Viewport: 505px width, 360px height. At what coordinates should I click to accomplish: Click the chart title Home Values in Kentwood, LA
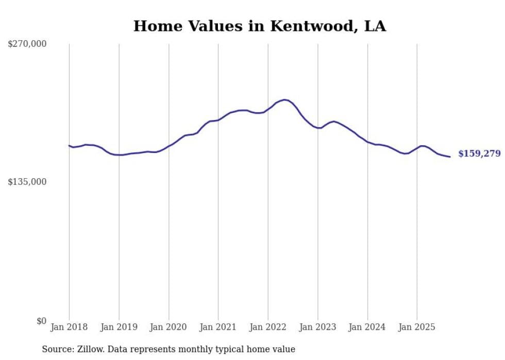259,26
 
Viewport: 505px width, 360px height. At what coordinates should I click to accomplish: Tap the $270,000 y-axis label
27,44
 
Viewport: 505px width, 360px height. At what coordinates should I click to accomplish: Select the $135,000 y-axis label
27,182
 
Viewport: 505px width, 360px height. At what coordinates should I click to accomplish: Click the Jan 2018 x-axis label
69,327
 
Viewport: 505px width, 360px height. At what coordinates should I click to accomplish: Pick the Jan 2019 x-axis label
119,327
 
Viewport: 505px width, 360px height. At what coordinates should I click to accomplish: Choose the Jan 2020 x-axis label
169,327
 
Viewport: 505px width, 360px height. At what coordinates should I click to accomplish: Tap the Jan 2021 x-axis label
218,327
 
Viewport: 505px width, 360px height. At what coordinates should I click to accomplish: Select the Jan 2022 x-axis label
268,327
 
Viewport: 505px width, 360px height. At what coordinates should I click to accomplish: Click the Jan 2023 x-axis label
318,327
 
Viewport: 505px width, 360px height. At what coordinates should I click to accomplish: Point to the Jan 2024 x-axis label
367,327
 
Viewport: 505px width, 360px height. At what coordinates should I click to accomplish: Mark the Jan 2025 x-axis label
417,327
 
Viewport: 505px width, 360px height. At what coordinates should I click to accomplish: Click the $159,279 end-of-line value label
479,153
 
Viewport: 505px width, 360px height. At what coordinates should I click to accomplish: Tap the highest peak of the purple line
284,99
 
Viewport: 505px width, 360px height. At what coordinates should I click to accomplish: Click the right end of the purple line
450,157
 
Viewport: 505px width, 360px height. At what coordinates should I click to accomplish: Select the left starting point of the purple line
69,146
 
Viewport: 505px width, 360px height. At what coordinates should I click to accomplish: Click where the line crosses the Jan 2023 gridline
318,128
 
